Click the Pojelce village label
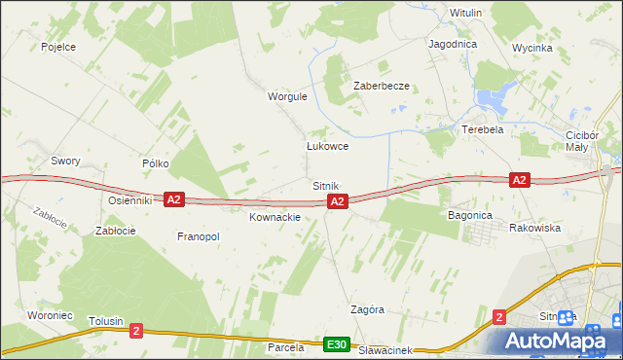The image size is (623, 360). coord(58,46)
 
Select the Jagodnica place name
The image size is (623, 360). coord(452,44)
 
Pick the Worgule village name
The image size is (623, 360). coord(287,97)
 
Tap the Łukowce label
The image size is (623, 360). coord(327,146)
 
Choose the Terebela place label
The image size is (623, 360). coord(482,129)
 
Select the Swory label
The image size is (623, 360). coord(65,161)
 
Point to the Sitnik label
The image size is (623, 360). coord(325,185)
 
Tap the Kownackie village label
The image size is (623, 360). coord(275,217)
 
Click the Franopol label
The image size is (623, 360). coord(198,236)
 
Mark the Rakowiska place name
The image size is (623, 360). coord(534,228)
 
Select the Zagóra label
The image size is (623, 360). coord(367,309)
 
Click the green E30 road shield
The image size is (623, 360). coord(337,344)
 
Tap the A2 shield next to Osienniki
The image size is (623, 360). coord(173,199)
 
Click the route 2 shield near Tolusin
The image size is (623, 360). coord(135,331)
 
